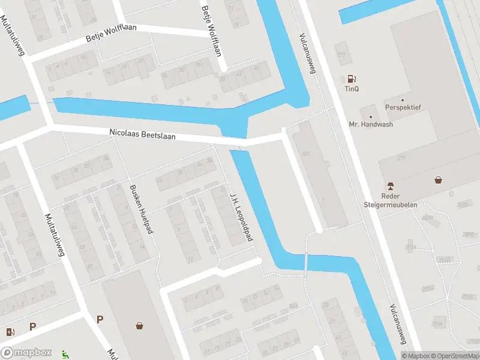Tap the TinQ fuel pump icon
(351, 79)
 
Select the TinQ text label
(351, 89)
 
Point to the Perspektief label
(403, 107)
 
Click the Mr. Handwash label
(371, 125)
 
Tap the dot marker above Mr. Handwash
(371, 116)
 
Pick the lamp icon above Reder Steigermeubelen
(390, 185)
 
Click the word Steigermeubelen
(390, 204)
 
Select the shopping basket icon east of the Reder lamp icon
(439, 179)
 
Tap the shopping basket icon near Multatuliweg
(140, 326)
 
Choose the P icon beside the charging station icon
(33, 327)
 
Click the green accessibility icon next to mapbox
(65, 354)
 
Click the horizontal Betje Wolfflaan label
(112, 35)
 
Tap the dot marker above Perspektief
(403, 100)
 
